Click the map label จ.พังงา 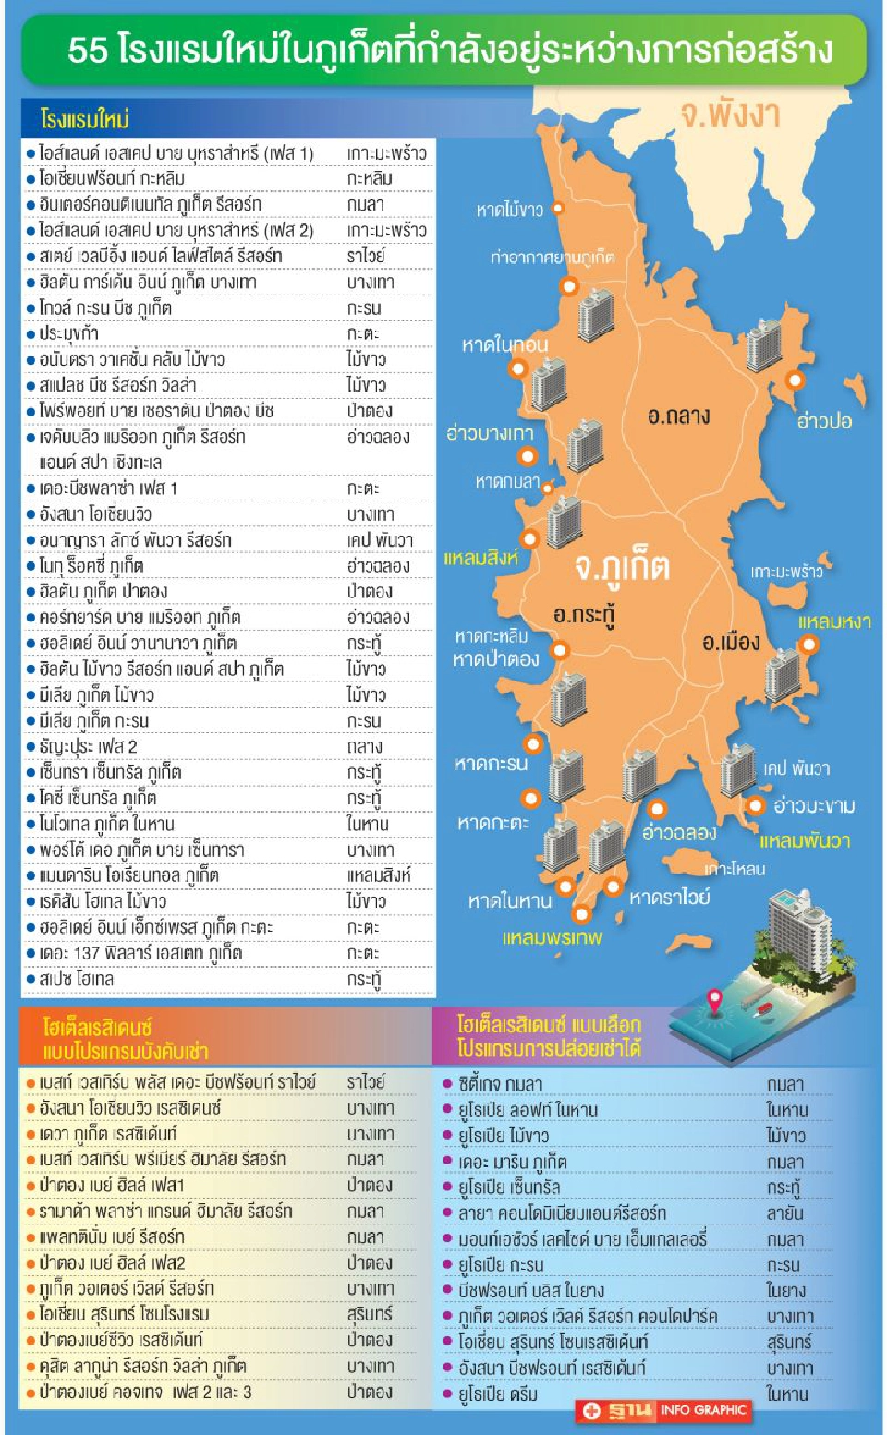point(729,115)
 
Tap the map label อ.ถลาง point(678,416)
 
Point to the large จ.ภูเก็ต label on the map point(621,565)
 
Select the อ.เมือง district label point(730,642)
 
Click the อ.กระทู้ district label point(584,614)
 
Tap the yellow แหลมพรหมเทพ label point(552,937)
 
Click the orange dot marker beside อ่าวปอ point(794,380)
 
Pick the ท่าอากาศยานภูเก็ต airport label point(552,257)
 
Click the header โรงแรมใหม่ point(84,119)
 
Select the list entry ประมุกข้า point(68,333)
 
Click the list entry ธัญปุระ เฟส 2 point(88,746)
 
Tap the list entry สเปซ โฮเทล point(76,979)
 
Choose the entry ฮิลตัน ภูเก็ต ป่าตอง point(103,591)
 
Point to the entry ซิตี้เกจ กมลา point(500,1084)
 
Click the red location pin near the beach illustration point(714,1000)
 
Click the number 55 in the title point(88,50)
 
